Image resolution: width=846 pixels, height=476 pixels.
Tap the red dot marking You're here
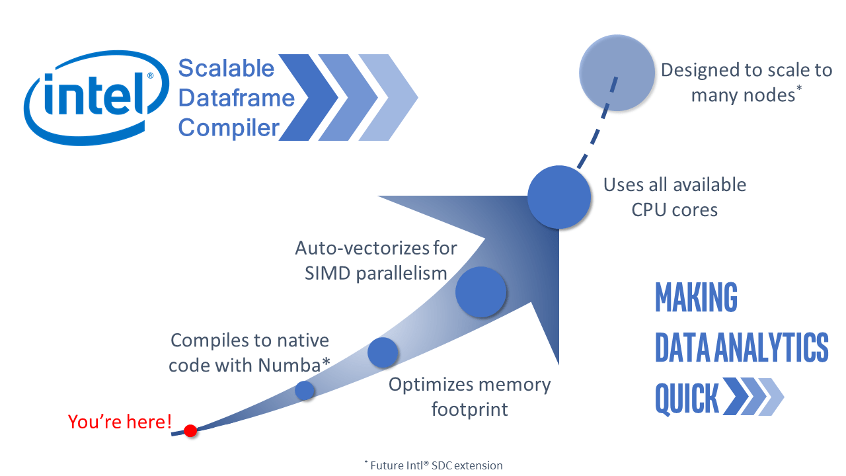click(x=190, y=431)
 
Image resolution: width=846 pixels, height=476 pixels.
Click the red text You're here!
click(x=120, y=421)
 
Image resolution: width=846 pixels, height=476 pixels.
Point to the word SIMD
click(x=328, y=273)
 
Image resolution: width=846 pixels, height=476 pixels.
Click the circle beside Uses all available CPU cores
click(x=558, y=197)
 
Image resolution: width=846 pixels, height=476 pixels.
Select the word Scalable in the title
click(x=226, y=68)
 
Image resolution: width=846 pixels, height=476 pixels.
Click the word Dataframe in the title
click(x=236, y=98)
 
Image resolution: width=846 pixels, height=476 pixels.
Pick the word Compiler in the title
click(x=229, y=127)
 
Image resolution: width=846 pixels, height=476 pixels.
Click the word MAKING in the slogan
click(x=696, y=297)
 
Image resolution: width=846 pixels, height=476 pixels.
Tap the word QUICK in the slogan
click(x=687, y=399)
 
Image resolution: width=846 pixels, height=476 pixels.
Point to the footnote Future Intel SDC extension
click(x=434, y=465)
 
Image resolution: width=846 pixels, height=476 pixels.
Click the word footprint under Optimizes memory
click(x=469, y=409)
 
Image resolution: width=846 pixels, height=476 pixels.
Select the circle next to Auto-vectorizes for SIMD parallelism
click(x=481, y=292)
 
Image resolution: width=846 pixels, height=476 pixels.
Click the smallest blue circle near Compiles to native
click(x=304, y=391)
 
